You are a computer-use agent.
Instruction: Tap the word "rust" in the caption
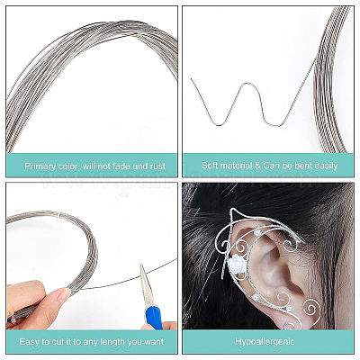[x=158, y=166]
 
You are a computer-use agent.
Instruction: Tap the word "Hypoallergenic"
[x=265, y=341]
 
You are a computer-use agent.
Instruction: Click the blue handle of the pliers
[x=154, y=317]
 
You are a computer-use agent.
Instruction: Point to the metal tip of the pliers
[x=141, y=266]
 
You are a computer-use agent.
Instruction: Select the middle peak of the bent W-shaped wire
[x=247, y=84]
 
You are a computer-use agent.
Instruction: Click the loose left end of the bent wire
[x=191, y=79]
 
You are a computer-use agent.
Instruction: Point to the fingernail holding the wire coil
[x=63, y=295]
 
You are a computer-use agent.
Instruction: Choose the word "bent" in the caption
[x=302, y=166]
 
